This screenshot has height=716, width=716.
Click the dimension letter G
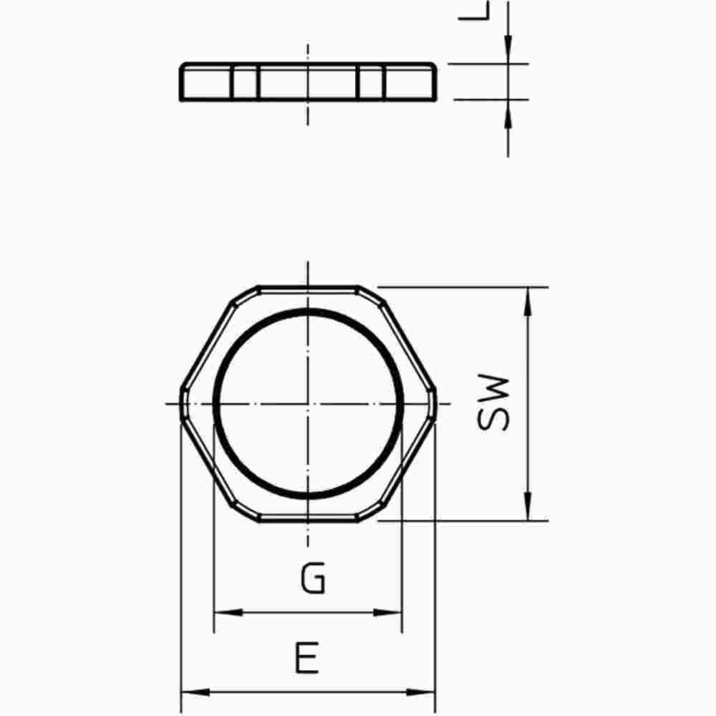click(x=313, y=579)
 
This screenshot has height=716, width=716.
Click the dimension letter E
click(x=306, y=658)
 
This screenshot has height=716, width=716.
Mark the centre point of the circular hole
click(x=308, y=404)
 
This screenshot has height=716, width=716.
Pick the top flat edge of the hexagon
click(x=308, y=289)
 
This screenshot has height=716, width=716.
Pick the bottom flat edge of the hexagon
click(x=308, y=519)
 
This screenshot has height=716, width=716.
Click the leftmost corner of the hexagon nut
click(x=180, y=404)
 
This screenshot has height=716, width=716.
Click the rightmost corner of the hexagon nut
click(x=435, y=404)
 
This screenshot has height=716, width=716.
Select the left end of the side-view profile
click(x=181, y=81)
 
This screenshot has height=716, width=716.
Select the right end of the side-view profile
click(x=435, y=81)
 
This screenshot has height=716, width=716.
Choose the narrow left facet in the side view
click(x=243, y=82)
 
